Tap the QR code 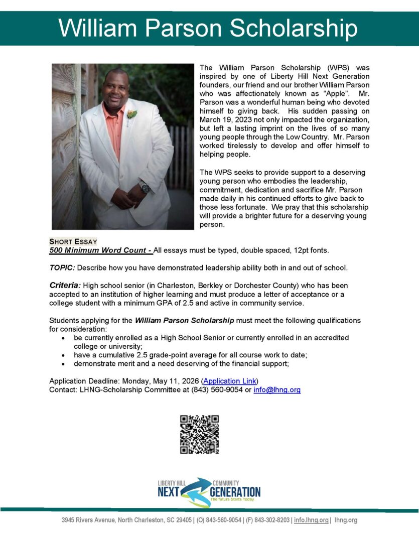point(199,435)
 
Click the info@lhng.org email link point(277,389)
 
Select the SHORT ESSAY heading point(73,241)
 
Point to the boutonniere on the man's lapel point(132,114)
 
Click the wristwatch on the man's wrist point(145,188)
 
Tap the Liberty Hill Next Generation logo point(209,492)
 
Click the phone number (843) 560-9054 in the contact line point(217,389)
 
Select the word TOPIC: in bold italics point(62,267)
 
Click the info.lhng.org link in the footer point(311,520)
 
